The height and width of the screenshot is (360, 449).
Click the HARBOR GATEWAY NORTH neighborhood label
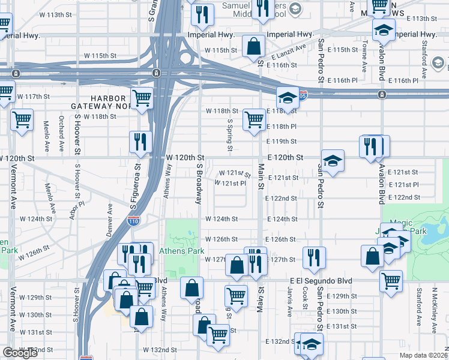(111, 102)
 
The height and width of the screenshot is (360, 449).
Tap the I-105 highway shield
(302, 96)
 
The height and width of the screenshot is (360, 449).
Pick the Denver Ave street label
(109, 220)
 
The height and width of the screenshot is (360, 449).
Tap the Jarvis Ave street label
(290, 304)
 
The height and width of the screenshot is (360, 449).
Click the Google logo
(20, 353)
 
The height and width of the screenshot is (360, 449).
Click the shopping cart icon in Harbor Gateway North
(142, 98)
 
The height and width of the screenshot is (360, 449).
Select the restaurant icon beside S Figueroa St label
(140, 142)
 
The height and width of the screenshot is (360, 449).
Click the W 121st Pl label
(231, 183)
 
